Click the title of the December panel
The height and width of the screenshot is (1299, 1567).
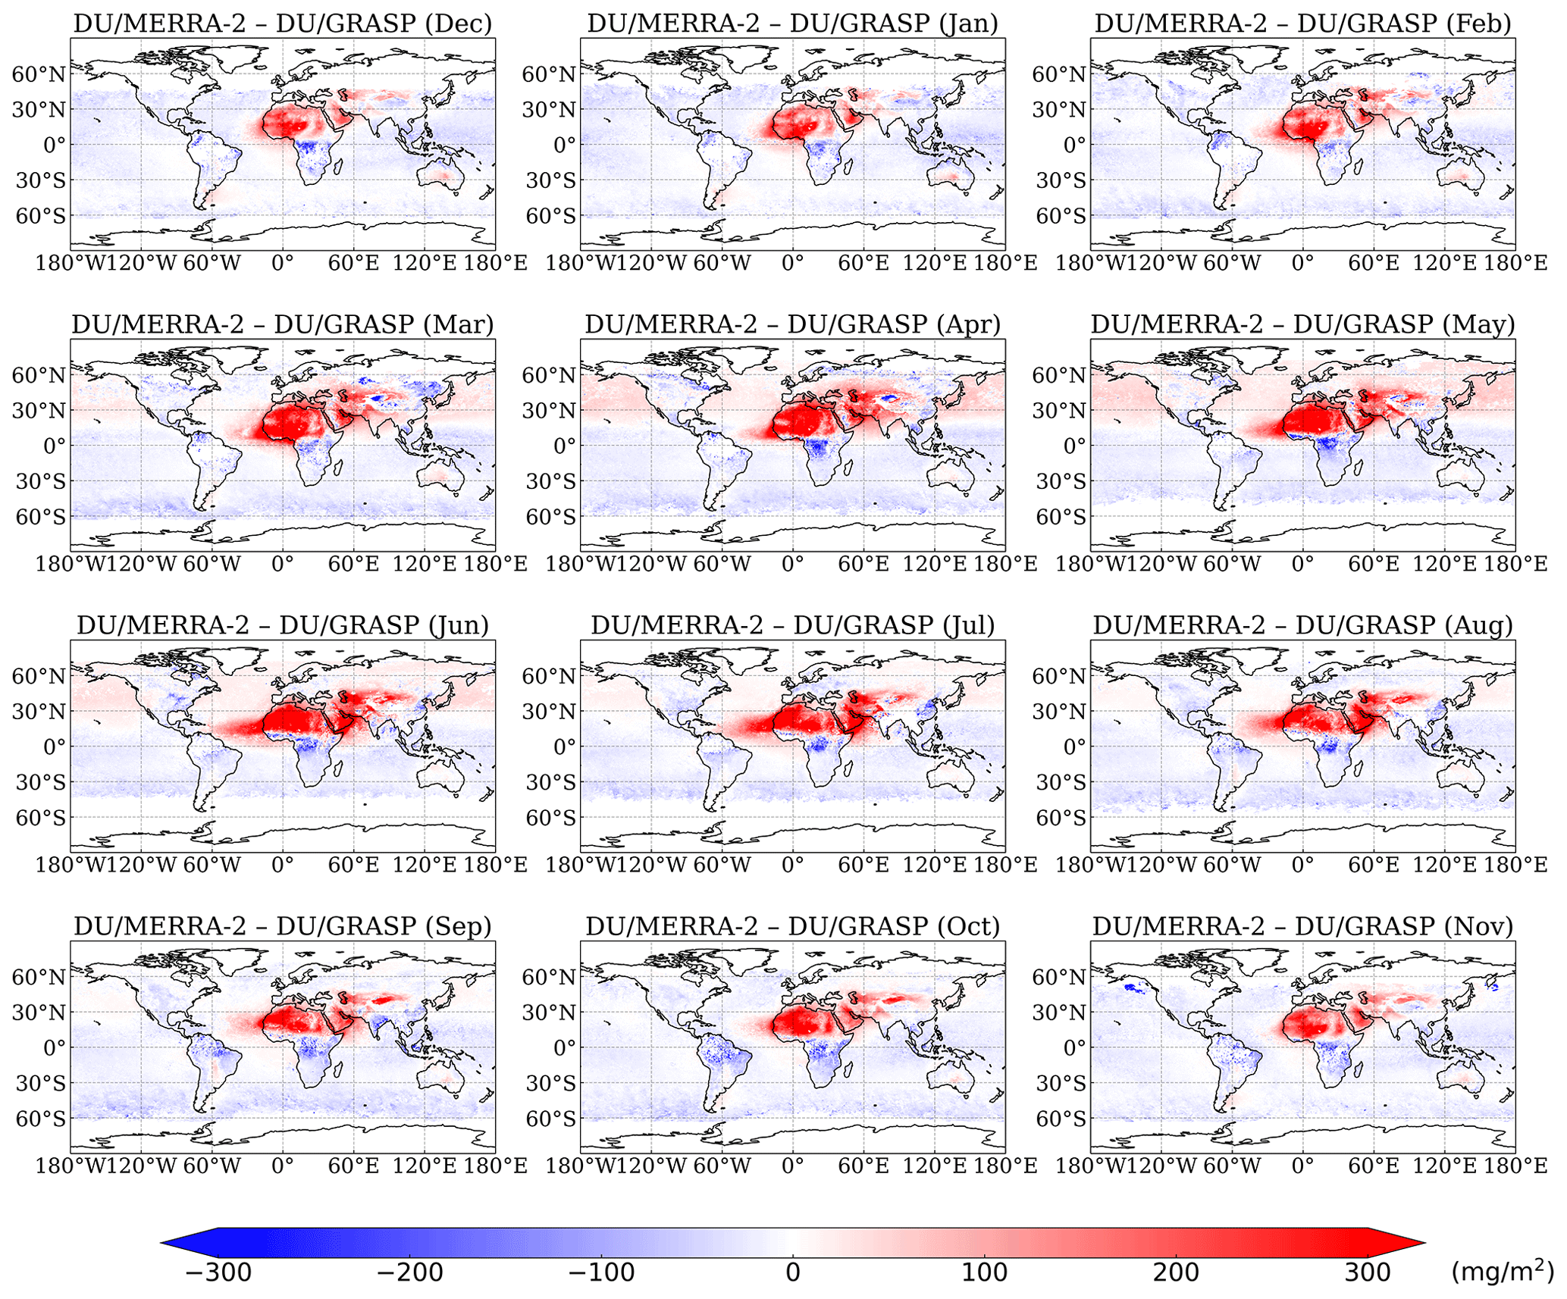[x=282, y=23]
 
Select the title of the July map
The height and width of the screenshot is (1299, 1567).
[x=792, y=625]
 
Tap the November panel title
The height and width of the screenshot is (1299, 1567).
[x=1302, y=926]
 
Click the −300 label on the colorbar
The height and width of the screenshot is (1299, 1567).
[x=218, y=1272]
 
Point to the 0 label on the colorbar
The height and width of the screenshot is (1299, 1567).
[x=792, y=1272]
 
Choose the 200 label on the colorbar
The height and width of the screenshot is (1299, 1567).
[x=1176, y=1272]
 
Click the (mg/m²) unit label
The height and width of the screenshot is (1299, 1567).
[x=1501, y=1272]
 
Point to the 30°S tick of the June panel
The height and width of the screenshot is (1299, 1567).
[x=40, y=783]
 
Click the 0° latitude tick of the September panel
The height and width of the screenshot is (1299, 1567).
[x=55, y=1048]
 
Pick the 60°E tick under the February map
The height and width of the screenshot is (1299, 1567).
[x=1373, y=264]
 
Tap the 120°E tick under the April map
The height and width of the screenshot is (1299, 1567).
[x=934, y=565]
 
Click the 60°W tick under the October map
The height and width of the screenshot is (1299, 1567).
[x=722, y=1166]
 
